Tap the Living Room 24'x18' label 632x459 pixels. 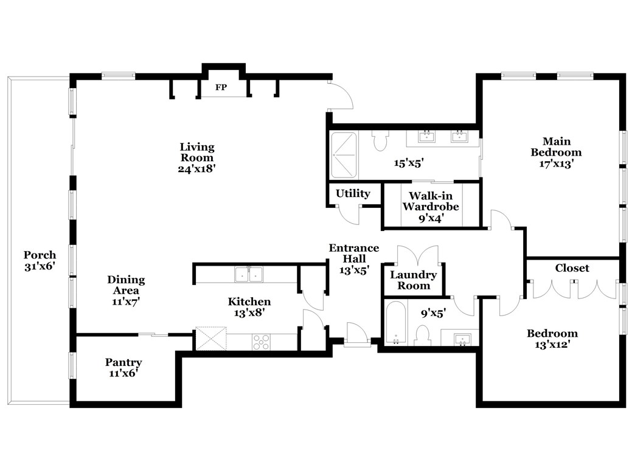tap(197, 157)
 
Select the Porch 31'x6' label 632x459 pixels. tap(40, 260)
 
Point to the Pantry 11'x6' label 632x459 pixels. tap(123, 368)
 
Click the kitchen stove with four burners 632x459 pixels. tap(261, 342)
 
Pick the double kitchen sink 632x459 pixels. tap(248, 275)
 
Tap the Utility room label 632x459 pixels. tap(353, 194)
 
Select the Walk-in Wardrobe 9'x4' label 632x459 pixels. tap(430, 207)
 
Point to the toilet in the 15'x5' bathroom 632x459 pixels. tap(381, 141)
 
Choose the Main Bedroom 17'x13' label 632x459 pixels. tap(556, 152)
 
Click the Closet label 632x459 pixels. tap(572, 268)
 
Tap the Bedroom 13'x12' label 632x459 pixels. tap(552, 339)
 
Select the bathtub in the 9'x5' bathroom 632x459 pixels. tap(395, 323)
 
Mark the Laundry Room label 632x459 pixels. tap(414, 280)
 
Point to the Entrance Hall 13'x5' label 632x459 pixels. tap(353, 259)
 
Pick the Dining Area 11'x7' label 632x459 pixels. tap(126, 290)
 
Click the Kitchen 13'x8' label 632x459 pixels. tap(249, 307)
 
